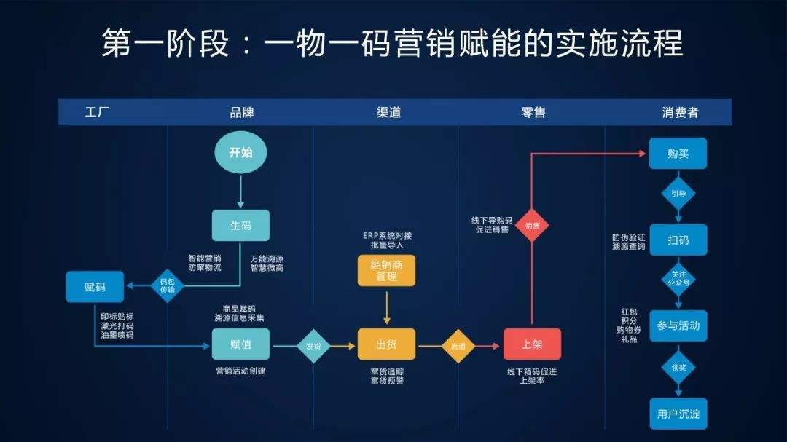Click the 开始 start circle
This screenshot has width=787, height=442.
[x=240, y=153]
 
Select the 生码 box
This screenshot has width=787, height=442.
[x=240, y=226]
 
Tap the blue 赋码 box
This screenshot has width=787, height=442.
[x=95, y=287]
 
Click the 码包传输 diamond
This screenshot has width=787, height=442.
[x=168, y=285]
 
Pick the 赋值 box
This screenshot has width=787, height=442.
[x=240, y=344]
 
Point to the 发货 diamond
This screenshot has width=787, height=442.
[x=313, y=345]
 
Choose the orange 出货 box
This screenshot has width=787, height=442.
[x=386, y=344]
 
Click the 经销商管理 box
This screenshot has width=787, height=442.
[x=386, y=271]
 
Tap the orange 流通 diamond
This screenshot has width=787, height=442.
[x=458, y=345]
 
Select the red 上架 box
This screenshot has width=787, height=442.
[x=532, y=344]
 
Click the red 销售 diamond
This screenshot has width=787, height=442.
[x=532, y=226]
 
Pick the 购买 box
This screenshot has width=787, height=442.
[x=678, y=154]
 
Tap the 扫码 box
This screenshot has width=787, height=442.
[x=678, y=240]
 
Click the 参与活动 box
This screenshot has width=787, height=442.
[x=678, y=325]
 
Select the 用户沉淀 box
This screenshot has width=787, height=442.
[x=678, y=414]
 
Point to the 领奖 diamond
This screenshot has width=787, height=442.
[x=678, y=368]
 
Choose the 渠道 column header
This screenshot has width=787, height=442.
[x=388, y=112]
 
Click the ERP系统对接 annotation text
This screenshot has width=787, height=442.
[x=387, y=236]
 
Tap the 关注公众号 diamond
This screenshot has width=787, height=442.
[x=678, y=280]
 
